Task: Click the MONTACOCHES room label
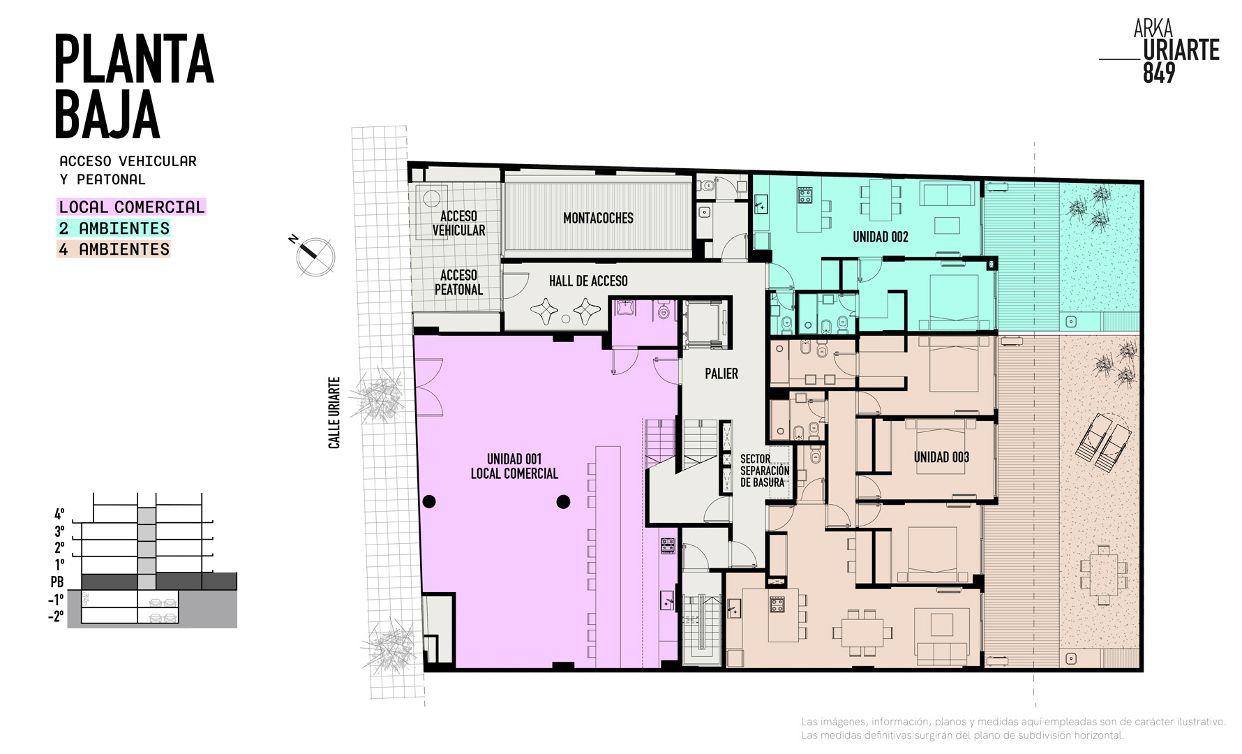(598, 219)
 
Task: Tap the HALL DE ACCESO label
(588, 281)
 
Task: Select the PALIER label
(721, 374)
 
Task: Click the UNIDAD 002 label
(881, 237)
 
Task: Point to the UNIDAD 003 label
(941, 457)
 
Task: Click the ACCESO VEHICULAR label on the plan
(458, 223)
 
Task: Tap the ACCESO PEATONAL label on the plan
(458, 283)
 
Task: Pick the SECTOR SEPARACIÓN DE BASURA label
(765, 471)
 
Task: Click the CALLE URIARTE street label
(334, 413)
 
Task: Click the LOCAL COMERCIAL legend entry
(131, 207)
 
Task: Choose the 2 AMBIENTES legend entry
(114, 228)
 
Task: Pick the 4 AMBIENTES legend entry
(114, 249)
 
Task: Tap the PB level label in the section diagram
(57, 582)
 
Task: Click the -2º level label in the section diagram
(56, 616)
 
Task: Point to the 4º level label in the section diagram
(59, 514)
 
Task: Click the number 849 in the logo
(1159, 73)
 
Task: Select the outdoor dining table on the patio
(1103, 575)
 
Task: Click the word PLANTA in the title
(134, 59)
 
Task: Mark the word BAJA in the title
(107, 114)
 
